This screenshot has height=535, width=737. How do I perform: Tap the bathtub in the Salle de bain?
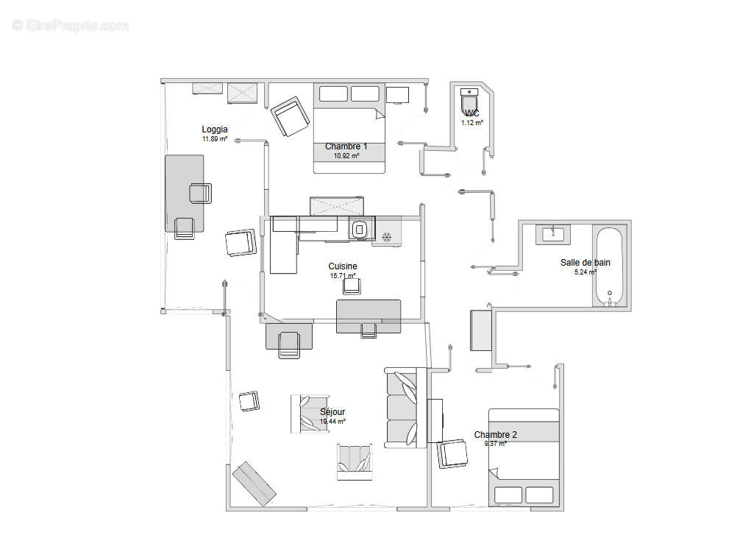[609, 266]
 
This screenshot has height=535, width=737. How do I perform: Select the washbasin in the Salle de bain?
[552, 234]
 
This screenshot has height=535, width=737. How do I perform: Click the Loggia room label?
[215, 130]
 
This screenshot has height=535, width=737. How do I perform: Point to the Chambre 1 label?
[346, 146]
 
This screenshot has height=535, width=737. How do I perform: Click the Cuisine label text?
[343, 266]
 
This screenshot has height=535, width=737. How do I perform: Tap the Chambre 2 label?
[495, 435]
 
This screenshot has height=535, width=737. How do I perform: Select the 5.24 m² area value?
[585, 272]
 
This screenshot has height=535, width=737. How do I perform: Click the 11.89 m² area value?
[215, 138]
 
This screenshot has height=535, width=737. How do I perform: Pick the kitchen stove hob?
[359, 230]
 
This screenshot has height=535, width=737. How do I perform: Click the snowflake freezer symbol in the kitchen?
[386, 236]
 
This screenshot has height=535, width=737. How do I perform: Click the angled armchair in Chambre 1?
[290, 116]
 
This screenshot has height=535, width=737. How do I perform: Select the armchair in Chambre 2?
[452, 453]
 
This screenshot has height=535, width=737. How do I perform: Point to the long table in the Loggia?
[184, 193]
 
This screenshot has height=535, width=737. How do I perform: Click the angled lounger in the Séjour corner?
[254, 484]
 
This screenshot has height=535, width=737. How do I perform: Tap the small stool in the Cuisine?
[352, 286]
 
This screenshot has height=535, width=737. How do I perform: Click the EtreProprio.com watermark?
[71, 25]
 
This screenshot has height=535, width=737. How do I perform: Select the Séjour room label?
[332, 412]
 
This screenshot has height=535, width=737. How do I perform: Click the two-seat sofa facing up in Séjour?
[355, 462]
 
